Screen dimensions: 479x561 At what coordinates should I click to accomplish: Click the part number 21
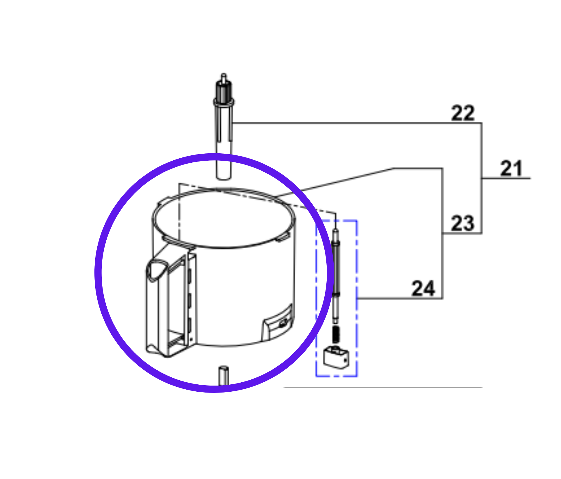click(511, 169)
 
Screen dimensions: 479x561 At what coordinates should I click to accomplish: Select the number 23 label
click(462, 224)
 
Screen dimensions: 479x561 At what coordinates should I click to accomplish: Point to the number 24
click(423, 289)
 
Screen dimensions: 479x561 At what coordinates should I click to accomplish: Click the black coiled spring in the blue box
click(336, 334)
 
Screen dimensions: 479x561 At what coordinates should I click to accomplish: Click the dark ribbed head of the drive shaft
click(224, 91)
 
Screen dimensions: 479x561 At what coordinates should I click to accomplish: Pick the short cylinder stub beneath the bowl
click(224, 375)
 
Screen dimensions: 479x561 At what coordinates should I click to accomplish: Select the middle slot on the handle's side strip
click(189, 299)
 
